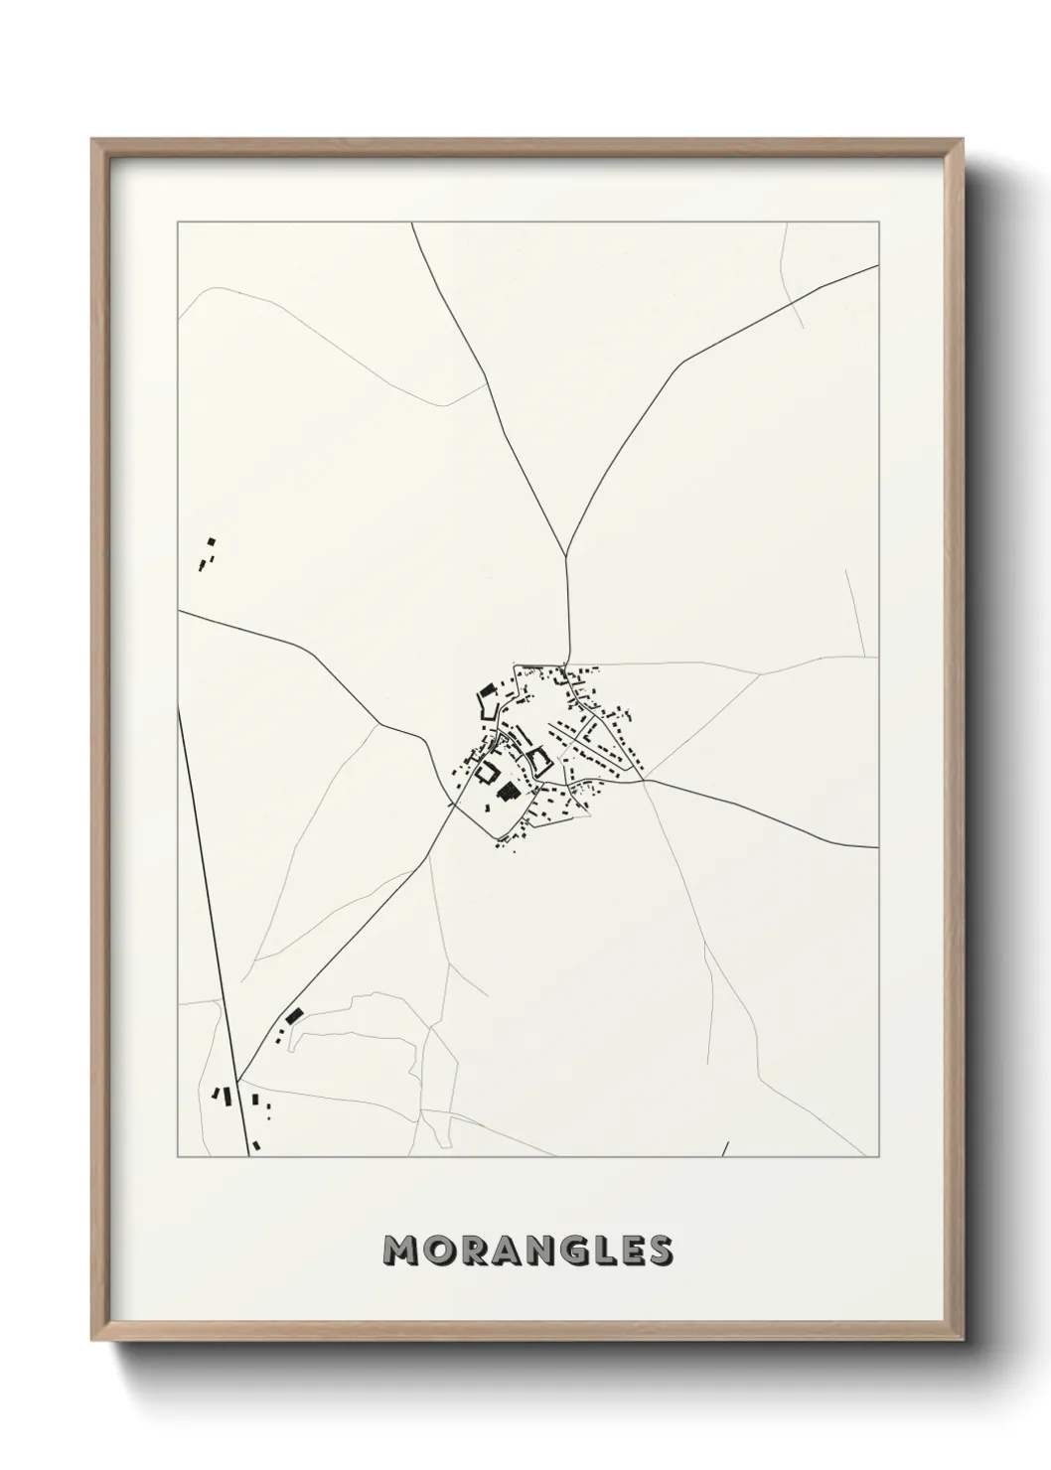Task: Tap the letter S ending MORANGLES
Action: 660,1250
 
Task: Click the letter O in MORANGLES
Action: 437,1250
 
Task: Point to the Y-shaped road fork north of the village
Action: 565,555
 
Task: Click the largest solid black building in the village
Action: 509,791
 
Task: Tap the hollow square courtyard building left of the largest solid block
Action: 488,771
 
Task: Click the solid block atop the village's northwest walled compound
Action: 486,691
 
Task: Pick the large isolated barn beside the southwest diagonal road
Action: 293,1016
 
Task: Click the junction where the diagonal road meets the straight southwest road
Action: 239,1081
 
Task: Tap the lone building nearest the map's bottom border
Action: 256,1145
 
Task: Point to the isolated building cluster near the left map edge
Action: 207,554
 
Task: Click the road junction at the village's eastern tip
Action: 645,781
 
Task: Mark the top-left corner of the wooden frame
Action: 92,140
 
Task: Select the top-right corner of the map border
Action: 878,222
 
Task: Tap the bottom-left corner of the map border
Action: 178,1157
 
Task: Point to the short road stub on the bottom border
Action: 725,1149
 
